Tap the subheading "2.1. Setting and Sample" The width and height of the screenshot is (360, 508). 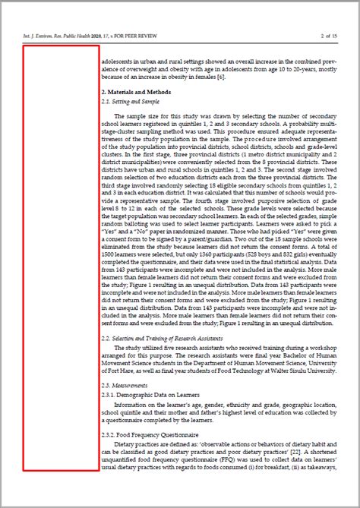click(x=130, y=101)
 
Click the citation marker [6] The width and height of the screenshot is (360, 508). click(x=221, y=77)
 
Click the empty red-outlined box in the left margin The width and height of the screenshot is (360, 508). click(x=61, y=258)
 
